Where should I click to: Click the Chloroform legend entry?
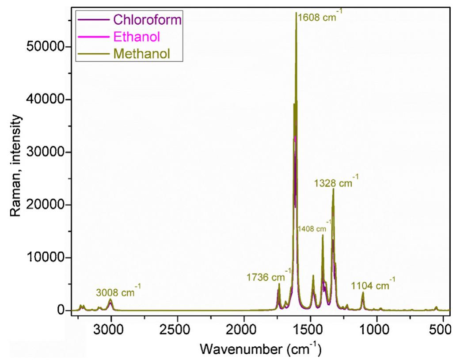[x=148, y=19]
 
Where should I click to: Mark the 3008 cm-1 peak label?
[x=118, y=292]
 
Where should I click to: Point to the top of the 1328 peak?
[x=333, y=189]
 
